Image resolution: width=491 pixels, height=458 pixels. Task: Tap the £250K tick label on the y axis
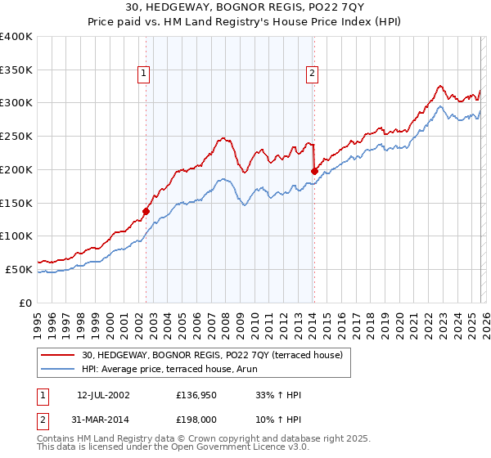click(16, 137)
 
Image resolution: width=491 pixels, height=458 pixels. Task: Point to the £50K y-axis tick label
click(19, 269)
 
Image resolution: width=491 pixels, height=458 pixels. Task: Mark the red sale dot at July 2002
click(146, 211)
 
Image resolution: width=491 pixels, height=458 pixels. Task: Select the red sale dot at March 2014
click(314, 171)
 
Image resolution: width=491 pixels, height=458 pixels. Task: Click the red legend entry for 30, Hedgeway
click(216, 354)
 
